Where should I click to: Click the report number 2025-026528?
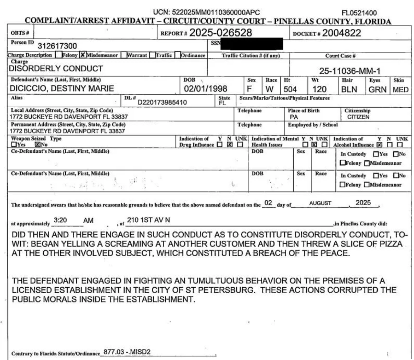pyautogui.click(x=221, y=33)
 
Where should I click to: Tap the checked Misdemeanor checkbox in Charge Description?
pyautogui.click(x=82, y=55)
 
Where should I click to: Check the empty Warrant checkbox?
pyautogui.click(x=124, y=55)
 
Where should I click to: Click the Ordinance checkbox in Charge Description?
pyautogui.click(x=178, y=55)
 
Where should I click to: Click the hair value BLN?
pyautogui.click(x=349, y=89)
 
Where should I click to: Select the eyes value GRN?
pyautogui.click(x=377, y=89)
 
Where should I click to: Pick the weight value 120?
pyautogui.click(x=319, y=89)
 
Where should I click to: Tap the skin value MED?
pyautogui.click(x=401, y=90)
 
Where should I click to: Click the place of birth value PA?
pyautogui.click(x=294, y=117)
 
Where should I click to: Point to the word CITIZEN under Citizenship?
pyautogui.click(x=358, y=117)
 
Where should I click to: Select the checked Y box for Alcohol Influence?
pyautogui.click(x=379, y=145)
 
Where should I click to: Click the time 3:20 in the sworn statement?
pyautogui.click(x=60, y=220)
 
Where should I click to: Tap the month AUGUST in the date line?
pyautogui.click(x=320, y=203)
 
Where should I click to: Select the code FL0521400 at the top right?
pyautogui.click(x=359, y=13)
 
